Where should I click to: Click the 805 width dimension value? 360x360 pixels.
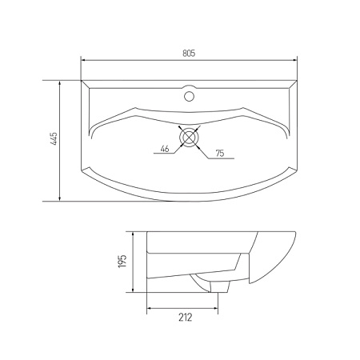point(189,54)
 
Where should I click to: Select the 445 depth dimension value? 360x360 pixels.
point(53,141)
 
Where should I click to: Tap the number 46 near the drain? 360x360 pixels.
point(163,149)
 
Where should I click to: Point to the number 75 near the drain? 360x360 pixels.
point(219,153)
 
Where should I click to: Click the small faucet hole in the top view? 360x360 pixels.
point(190,96)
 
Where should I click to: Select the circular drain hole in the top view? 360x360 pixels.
point(190,137)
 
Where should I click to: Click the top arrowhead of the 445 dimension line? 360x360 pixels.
point(61,82)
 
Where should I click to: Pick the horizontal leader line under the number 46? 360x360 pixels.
point(163,154)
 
